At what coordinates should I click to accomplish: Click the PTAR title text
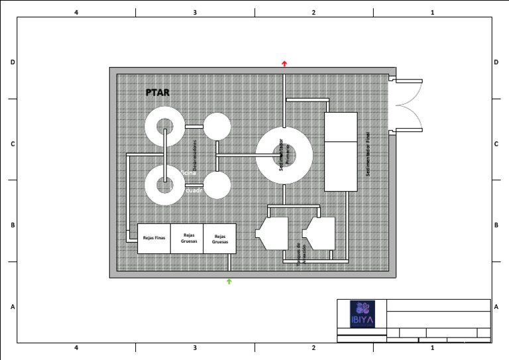point(158,93)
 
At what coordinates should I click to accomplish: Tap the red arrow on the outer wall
point(284,64)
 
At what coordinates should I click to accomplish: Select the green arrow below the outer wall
point(229,282)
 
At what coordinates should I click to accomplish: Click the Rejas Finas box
point(154,238)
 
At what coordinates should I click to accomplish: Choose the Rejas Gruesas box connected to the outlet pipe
point(219,239)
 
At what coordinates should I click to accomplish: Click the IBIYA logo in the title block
point(362,314)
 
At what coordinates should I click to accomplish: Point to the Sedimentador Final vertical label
point(368,153)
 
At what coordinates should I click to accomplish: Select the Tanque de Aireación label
point(302,254)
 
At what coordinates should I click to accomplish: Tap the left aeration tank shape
point(272,233)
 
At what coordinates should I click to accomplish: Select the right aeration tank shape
point(319,233)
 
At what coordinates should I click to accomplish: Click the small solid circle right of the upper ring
point(217,127)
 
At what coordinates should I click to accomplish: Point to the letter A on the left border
point(13,307)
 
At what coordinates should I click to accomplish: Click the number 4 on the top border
point(76,13)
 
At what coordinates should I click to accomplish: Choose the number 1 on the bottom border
point(432,347)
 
